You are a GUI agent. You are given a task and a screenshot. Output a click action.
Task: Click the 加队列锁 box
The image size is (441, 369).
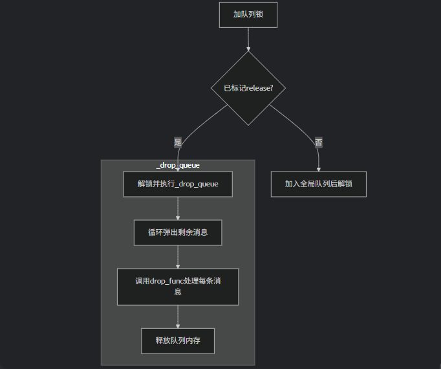click(x=248, y=14)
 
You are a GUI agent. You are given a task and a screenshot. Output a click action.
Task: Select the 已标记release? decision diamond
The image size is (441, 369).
click(x=248, y=88)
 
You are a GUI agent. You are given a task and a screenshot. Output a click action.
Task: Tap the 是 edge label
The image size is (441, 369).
click(x=178, y=142)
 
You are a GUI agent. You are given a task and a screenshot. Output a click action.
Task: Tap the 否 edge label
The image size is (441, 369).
click(x=319, y=142)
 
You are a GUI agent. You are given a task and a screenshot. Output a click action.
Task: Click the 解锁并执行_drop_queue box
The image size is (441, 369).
click(x=178, y=184)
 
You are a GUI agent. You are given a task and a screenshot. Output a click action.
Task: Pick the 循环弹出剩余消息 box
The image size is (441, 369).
click(x=178, y=232)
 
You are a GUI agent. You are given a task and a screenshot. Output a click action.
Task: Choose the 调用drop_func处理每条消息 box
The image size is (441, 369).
click(x=178, y=286)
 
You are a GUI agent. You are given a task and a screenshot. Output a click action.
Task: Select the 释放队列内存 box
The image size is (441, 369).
click(x=178, y=341)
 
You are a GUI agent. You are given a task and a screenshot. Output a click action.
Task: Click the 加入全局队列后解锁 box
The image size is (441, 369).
click(x=319, y=184)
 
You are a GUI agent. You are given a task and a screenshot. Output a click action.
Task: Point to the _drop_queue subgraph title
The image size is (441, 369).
click(x=178, y=165)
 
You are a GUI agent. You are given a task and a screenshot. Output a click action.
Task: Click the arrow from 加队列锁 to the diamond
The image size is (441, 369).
click(x=248, y=39)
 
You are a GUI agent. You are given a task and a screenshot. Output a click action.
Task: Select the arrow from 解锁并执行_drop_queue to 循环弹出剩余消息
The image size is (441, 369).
click(x=178, y=208)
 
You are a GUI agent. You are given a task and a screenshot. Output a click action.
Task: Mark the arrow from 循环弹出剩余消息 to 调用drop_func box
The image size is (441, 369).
click(x=178, y=256)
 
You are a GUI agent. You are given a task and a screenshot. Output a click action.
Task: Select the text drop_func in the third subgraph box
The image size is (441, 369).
click(x=166, y=281)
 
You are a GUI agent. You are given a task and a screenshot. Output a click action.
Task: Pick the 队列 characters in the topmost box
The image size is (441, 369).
click(x=248, y=14)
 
